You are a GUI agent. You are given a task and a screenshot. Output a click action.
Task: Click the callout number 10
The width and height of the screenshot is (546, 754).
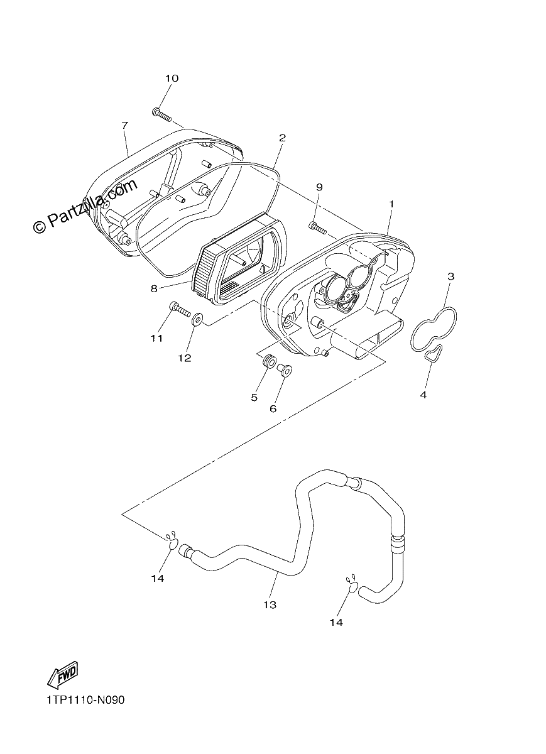(172, 79)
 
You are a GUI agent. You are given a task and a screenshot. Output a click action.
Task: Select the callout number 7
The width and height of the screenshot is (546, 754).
(124, 126)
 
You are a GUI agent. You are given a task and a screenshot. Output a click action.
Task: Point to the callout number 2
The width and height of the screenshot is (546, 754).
(282, 138)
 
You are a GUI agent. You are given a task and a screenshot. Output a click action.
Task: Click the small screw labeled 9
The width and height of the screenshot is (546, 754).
(317, 228)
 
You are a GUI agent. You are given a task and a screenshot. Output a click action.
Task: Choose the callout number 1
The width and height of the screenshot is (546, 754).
(391, 204)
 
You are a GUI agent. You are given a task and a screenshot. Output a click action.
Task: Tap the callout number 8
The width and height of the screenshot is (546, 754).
(154, 289)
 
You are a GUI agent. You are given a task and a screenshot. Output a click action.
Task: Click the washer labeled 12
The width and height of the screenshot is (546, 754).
(197, 319)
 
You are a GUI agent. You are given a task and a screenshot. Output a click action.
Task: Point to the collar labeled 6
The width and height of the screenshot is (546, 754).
(285, 370)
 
